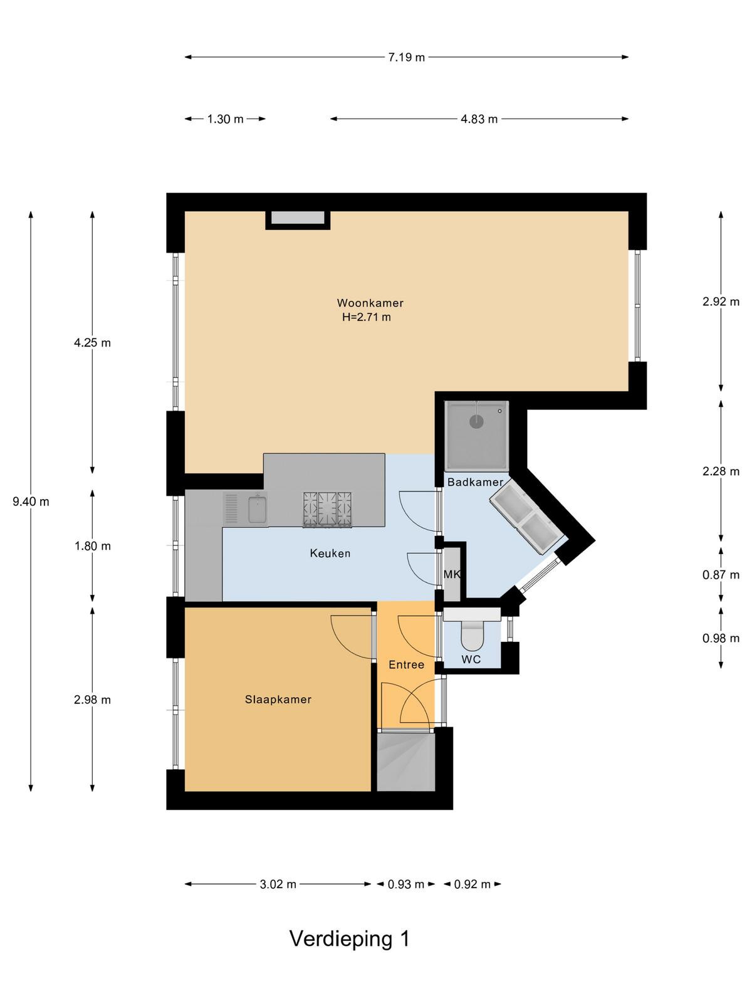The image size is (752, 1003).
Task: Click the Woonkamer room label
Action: pyautogui.click(x=370, y=303)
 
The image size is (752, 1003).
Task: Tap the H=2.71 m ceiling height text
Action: pyautogui.click(x=366, y=317)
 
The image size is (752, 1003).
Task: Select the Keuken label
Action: pyautogui.click(x=330, y=554)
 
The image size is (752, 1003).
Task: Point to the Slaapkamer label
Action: pyautogui.click(x=278, y=699)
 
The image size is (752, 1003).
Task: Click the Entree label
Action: pyautogui.click(x=406, y=664)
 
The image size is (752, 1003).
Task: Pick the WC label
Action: pyautogui.click(x=471, y=659)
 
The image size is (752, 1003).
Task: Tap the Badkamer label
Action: pyautogui.click(x=475, y=481)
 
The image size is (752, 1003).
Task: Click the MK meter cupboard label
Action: pyautogui.click(x=452, y=574)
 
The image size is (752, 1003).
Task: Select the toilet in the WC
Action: pyautogui.click(x=472, y=634)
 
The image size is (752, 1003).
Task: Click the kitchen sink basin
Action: pyautogui.click(x=258, y=510)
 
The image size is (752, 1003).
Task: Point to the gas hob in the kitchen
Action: pyautogui.click(x=327, y=510)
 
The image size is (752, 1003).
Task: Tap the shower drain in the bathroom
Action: pyautogui.click(x=476, y=421)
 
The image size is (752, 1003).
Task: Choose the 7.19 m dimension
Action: pyautogui.click(x=406, y=57)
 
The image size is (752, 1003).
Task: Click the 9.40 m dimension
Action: pyautogui.click(x=31, y=501)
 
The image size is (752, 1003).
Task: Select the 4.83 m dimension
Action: pyautogui.click(x=479, y=119)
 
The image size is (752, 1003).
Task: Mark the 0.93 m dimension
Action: pyautogui.click(x=406, y=884)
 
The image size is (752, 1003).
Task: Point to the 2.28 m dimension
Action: pyautogui.click(x=721, y=471)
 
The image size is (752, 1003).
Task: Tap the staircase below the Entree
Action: pyautogui.click(x=405, y=761)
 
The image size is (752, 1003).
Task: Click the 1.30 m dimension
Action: pyautogui.click(x=225, y=119)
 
